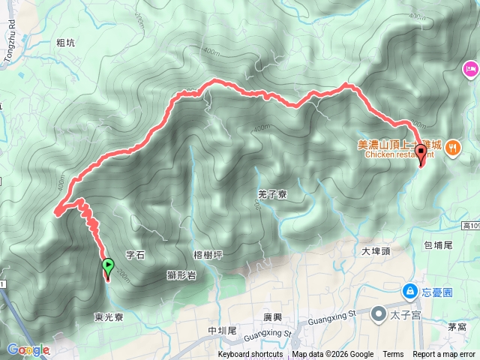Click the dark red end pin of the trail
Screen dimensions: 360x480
421,154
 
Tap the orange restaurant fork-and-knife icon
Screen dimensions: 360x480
452,148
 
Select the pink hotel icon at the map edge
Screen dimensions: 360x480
470,70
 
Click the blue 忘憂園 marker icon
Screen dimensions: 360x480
410,290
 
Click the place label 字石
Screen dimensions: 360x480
135,256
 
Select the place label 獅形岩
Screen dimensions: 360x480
181,275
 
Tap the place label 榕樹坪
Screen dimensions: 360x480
208,255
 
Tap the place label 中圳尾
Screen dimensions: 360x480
223,331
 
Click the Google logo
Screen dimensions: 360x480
28,350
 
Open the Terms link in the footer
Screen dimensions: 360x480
393,355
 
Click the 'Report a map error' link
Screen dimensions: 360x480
445,355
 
